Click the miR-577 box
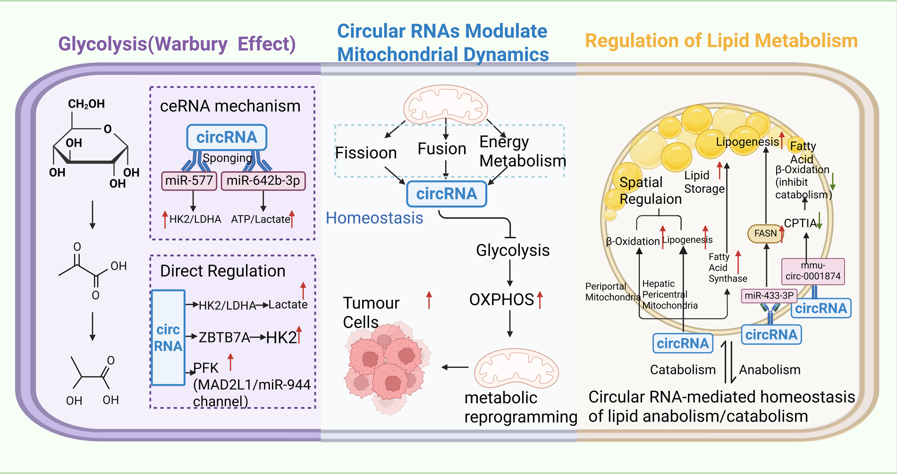click(189, 181)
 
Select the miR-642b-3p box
click(263, 181)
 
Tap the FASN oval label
click(765, 233)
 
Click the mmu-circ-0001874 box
click(813, 271)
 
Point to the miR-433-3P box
click(769, 296)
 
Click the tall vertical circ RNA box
click(168, 338)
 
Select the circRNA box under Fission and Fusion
click(447, 194)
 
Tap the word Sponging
click(227, 158)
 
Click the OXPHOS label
click(501, 299)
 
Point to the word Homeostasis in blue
click(374, 218)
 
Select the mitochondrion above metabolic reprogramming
click(516, 368)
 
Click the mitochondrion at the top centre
click(446, 105)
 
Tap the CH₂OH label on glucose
click(86, 104)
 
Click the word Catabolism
click(683, 370)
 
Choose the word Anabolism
click(770, 370)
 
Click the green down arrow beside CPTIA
click(820, 220)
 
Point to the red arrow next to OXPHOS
click(540, 300)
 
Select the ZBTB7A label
click(224, 337)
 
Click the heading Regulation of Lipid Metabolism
click(721, 41)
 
